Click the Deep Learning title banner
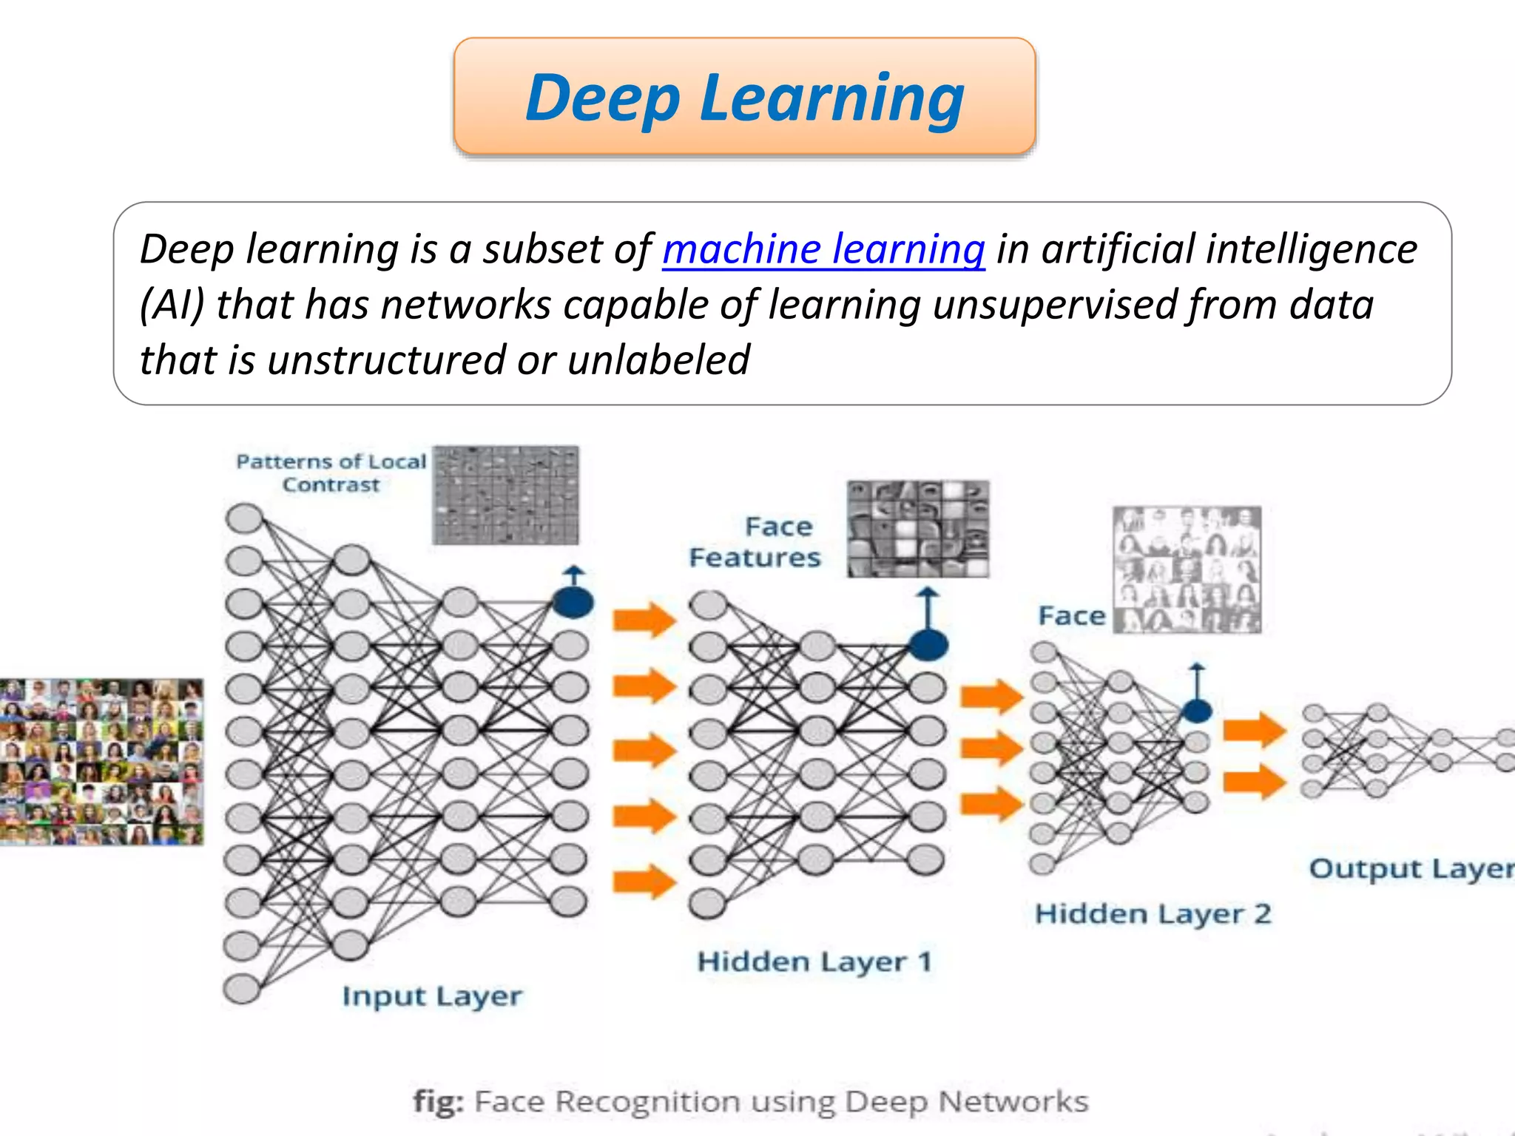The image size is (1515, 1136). [744, 96]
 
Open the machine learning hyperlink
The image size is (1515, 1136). [823, 249]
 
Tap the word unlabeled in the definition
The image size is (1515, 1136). [658, 360]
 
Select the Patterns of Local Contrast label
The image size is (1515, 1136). [331, 473]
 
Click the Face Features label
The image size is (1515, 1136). [755, 542]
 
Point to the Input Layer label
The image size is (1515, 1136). [432, 996]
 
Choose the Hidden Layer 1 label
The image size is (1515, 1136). [814, 961]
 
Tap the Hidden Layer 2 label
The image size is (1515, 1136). [1153, 914]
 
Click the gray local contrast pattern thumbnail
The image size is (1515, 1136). [506, 495]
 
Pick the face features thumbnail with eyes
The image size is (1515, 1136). [918, 529]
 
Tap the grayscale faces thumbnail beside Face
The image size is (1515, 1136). [1187, 569]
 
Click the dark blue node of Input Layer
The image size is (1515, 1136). [573, 603]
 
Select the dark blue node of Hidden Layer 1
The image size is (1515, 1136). [928, 645]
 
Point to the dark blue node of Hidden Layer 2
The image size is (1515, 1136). [1196, 711]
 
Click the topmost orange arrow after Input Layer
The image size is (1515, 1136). [644, 619]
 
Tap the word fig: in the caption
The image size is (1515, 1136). [439, 1101]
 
